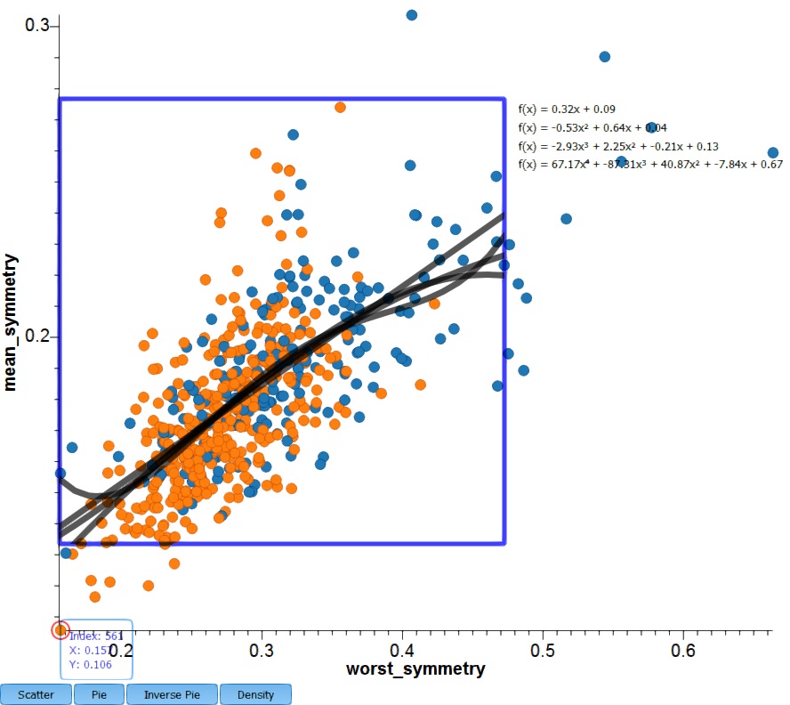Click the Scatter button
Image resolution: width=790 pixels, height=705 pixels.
tap(36, 694)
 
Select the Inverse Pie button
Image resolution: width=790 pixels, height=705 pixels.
tap(173, 694)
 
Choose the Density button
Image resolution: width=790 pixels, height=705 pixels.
tap(255, 694)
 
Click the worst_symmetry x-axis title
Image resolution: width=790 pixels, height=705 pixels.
tap(416, 669)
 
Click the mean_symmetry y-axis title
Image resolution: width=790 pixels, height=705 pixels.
tap(12, 322)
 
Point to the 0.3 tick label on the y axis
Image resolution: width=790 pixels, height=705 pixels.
tap(36, 26)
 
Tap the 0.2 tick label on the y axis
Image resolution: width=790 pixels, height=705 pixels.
tap(36, 336)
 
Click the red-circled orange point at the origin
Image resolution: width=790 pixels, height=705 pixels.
tap(60, 630)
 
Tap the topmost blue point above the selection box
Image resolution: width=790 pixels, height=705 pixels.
tap(411, 15)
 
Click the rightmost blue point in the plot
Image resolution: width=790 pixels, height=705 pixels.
tap(773, 153)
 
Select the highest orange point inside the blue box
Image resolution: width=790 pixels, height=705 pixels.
tap(340, 107)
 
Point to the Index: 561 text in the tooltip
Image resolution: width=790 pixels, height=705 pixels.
tap(95, 636)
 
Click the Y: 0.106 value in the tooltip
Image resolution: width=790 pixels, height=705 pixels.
tap(90, 664)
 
